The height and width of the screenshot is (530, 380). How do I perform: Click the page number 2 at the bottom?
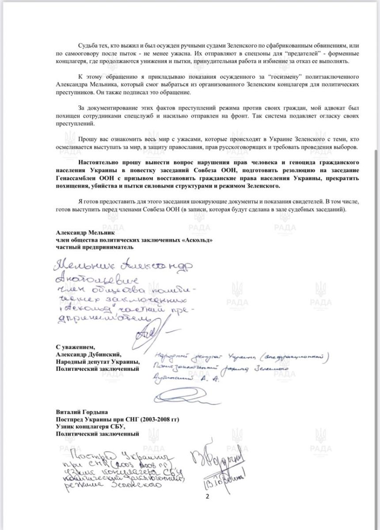(x=207, y=496)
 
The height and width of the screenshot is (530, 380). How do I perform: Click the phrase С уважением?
(x=75, y=347)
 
